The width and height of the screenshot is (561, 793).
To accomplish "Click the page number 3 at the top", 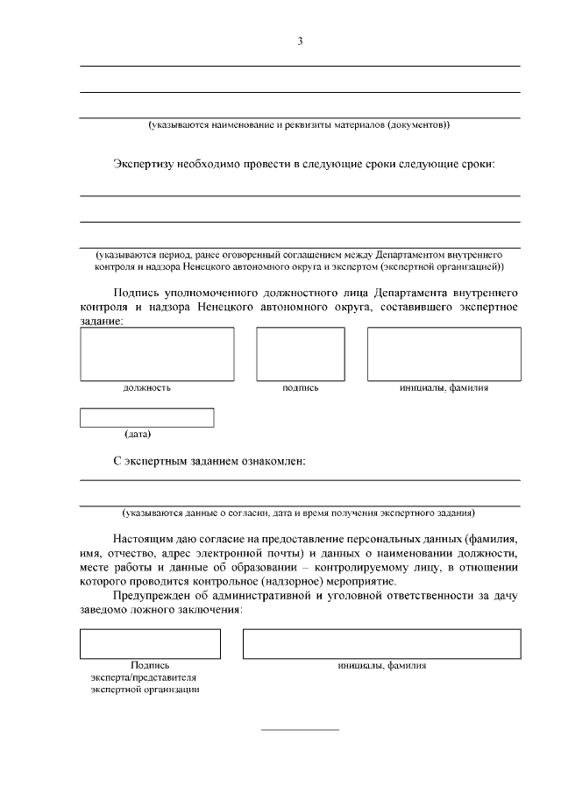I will coord(300,40).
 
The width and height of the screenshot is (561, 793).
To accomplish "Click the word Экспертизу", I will coord(146,164).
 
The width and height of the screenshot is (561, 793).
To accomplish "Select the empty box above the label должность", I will coord(145,354).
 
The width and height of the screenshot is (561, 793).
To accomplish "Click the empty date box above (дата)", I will coord(146,418).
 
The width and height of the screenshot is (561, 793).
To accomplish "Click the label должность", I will coord(146,386).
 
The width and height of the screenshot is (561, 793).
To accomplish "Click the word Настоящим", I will coord(144,539).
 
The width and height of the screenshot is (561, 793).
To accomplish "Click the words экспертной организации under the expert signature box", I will coord(144,690).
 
